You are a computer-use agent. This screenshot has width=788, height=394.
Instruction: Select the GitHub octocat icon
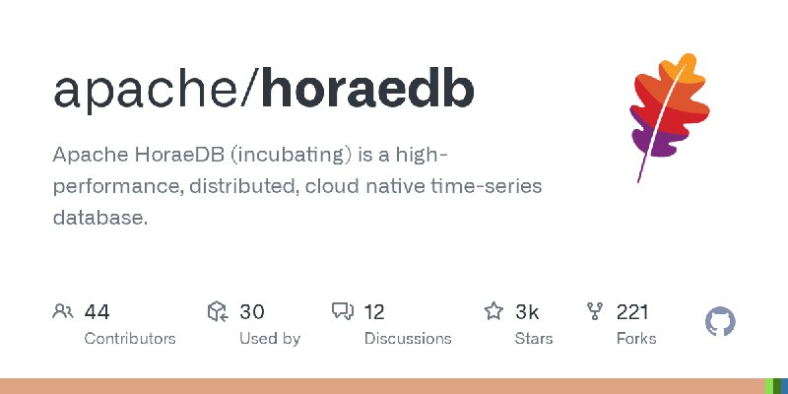pos(721,322)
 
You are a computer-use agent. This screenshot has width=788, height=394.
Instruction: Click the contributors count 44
pos(97,312)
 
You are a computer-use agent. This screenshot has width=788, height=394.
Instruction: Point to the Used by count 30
pos(252,312)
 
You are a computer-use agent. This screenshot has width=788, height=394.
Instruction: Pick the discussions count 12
pos(374,312)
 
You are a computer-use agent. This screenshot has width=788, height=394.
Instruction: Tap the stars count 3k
pos(527,312)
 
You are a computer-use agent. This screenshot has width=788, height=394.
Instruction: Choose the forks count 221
pos(632,312)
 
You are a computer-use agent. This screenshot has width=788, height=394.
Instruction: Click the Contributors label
pos(130,339)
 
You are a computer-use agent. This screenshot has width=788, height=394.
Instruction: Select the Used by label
pos(270,339)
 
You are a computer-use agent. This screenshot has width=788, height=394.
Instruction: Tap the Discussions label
pos(408,339)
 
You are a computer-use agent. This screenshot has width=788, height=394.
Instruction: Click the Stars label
pos(534,339)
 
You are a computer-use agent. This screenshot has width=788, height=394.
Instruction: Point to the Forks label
pos(636,339)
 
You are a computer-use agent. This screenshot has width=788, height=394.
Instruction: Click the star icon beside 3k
pos(493,312)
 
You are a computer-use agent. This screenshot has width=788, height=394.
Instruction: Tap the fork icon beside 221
pos(595,312)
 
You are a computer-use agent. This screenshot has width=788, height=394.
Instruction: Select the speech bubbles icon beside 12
pos(343,312)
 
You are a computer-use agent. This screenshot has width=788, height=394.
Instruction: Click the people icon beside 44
pos(63,312)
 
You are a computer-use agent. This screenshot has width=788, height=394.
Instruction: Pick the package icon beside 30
pos(218,312)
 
